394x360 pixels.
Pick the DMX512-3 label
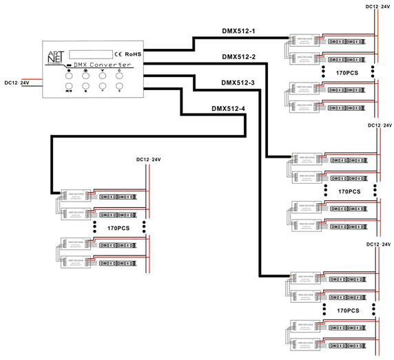point(239,83)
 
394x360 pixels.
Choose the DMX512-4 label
point(228,109)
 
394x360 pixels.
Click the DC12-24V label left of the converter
point(17,83)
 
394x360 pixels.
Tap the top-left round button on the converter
point(69,72)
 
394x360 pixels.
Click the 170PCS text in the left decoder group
point(118,227)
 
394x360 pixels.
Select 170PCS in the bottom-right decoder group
point(349,310)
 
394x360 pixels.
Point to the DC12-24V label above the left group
point(148,160)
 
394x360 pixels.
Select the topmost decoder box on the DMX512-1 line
point(303,41)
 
